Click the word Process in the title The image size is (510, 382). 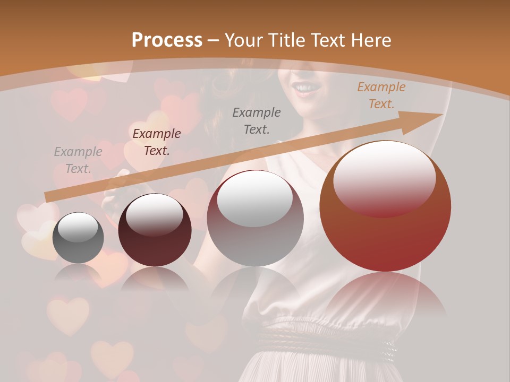point(167,40)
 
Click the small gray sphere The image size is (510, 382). point(78,238)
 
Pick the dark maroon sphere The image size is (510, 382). point(155,231)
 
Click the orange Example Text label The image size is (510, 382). point(381,95)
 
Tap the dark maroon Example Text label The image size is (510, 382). point(156,142)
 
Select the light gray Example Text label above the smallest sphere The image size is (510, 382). point(78,160)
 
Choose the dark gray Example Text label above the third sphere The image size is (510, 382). point(257,120)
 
